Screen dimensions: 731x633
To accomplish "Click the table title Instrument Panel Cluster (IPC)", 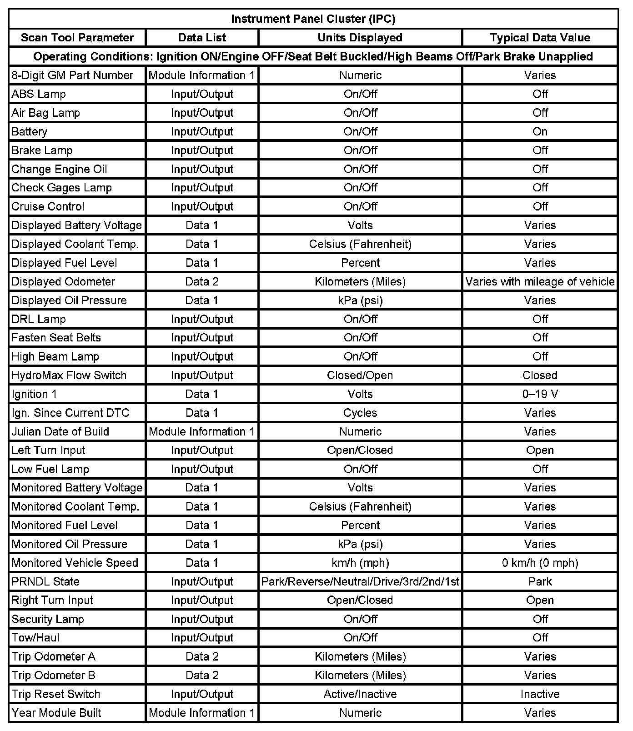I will [313, 19].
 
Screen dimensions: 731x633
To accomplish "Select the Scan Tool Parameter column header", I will [77, 38].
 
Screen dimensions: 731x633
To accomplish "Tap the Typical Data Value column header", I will [540, 38].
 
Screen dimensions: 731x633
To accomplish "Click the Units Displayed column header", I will [360, 38].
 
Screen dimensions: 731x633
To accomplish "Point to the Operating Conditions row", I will [313, 56].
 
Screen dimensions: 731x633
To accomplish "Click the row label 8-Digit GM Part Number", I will [72, 75].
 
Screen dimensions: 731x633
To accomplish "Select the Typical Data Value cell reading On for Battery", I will [540, 131].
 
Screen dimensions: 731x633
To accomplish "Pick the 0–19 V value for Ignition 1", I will [540, 394].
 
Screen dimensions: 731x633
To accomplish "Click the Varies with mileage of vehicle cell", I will [540, 282].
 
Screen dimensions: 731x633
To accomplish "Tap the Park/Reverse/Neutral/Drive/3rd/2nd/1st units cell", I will [360, 581].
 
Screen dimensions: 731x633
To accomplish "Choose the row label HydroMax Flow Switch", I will [69, 376].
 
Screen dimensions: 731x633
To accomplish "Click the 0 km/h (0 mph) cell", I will [540, 563].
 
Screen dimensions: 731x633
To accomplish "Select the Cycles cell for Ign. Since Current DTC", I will [360, 413].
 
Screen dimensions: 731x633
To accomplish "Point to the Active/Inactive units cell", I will [360, 694].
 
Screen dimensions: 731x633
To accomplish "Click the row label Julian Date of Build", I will [60, 431].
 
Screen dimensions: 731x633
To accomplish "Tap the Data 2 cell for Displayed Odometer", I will [202, 282].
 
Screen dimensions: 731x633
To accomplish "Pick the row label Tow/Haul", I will [35, 638].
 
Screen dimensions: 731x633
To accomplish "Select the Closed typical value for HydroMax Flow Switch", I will [540, 376].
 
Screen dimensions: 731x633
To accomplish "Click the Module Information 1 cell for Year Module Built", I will [202, 713].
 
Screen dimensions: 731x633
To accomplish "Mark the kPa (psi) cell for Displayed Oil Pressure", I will [360, 300].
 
